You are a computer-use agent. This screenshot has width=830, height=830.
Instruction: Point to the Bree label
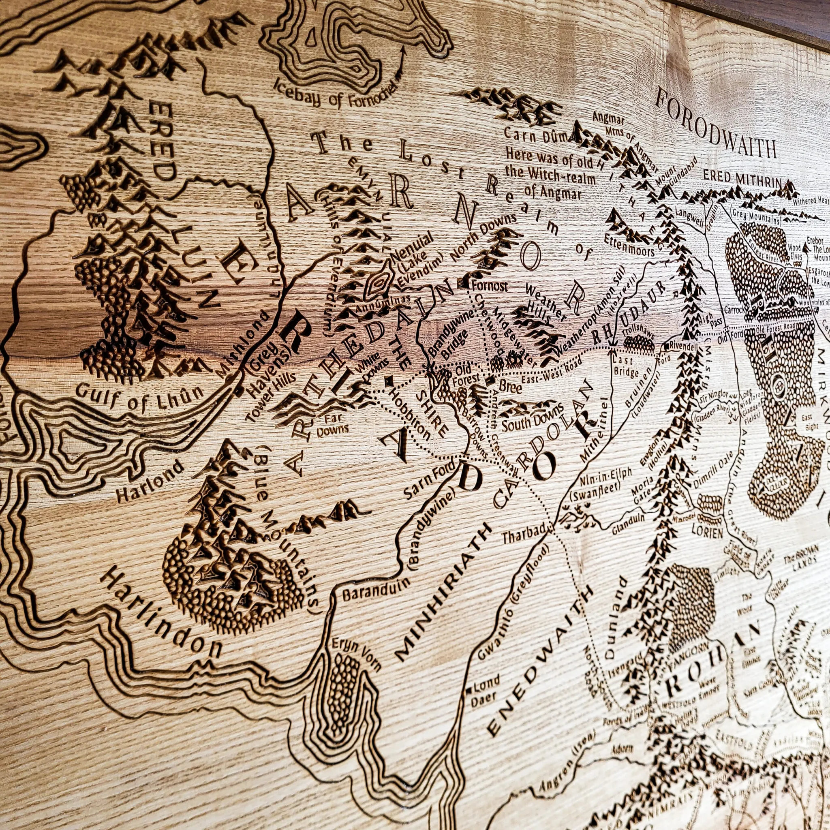510,388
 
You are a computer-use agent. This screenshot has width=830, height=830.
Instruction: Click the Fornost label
489,286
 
